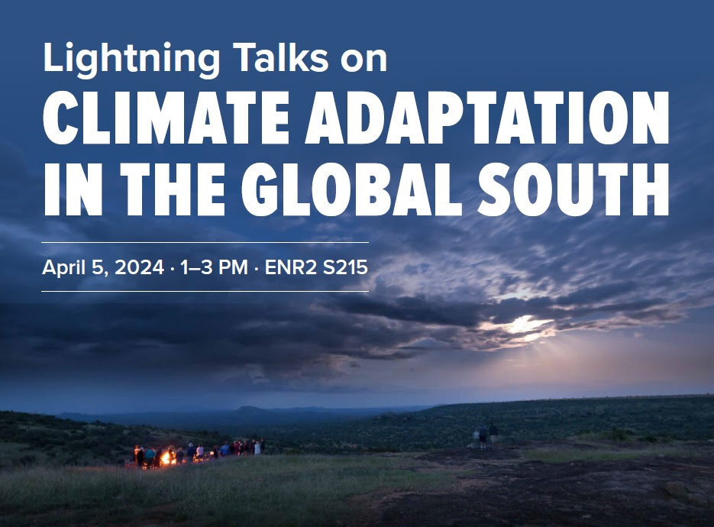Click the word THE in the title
coord(171,187)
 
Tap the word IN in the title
coord(67,187)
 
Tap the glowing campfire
coord(164,457)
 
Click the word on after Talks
coord(362,59)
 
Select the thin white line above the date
coord(205,242)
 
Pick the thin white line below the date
coord(205,291)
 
